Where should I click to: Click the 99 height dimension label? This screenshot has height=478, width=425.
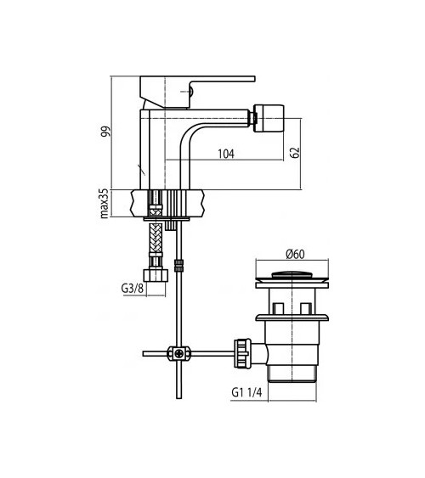(x=106, y=132)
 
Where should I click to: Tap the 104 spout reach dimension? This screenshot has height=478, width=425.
(x=226, y=154)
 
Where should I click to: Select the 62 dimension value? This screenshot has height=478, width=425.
(x=294, y=153)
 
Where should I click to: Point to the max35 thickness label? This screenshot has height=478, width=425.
(x=104, y=203)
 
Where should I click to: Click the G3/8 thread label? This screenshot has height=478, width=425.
(x=132, y=288)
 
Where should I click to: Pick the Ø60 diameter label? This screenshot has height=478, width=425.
(x=295, y=254)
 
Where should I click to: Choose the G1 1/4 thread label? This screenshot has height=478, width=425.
(x=246, y=392)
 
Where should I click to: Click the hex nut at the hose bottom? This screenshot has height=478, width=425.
(x=156, y=275)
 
